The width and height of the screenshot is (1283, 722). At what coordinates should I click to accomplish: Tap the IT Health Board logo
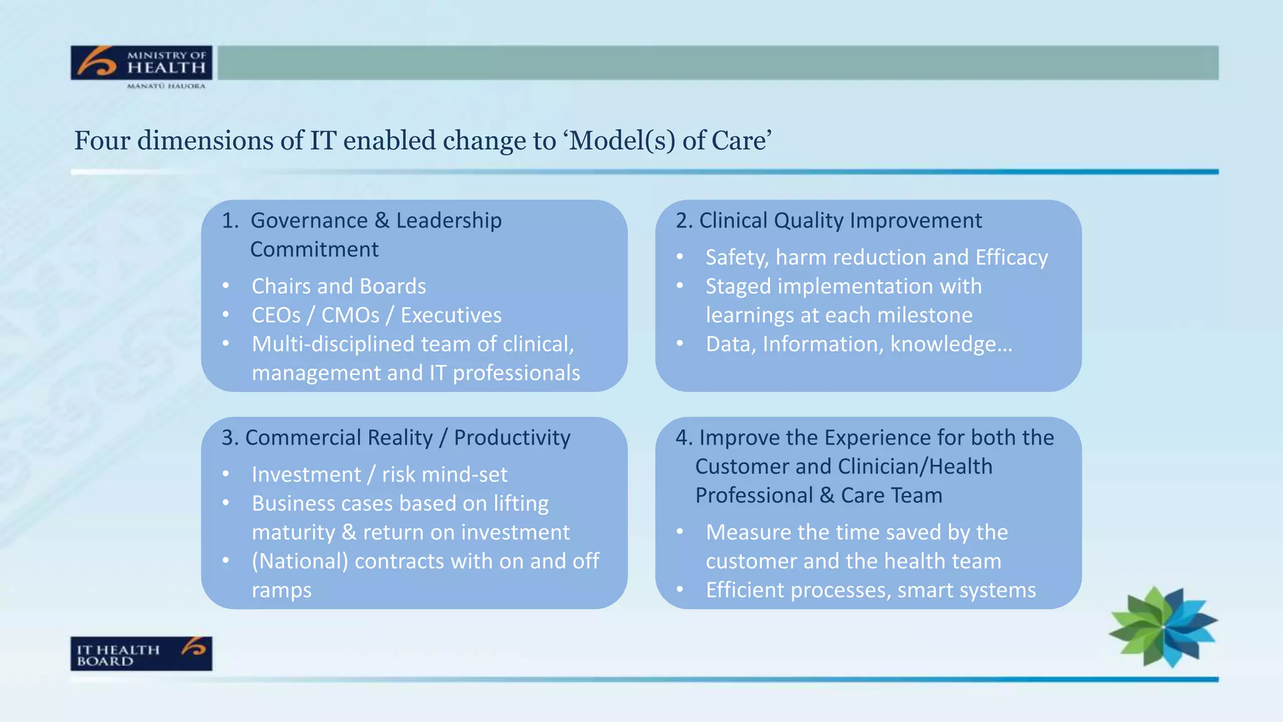(141, 654)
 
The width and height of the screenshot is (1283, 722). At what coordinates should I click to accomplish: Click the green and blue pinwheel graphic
(1163, 626)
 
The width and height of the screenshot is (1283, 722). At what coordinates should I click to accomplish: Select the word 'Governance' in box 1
(309, 221)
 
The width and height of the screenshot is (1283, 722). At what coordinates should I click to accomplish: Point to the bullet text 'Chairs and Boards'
(338, 286)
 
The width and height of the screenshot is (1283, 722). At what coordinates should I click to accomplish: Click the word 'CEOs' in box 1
(276, 315)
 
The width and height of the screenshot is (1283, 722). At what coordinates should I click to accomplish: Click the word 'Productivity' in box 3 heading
(512, 437)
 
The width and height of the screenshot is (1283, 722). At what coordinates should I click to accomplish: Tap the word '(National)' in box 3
(299, 561)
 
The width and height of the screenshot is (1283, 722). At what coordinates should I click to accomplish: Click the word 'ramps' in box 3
(281, 590)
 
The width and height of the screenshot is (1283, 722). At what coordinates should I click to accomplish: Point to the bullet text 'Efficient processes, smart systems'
(870, 590)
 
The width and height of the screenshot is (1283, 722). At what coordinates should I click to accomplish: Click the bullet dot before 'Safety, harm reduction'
(680, 257)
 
